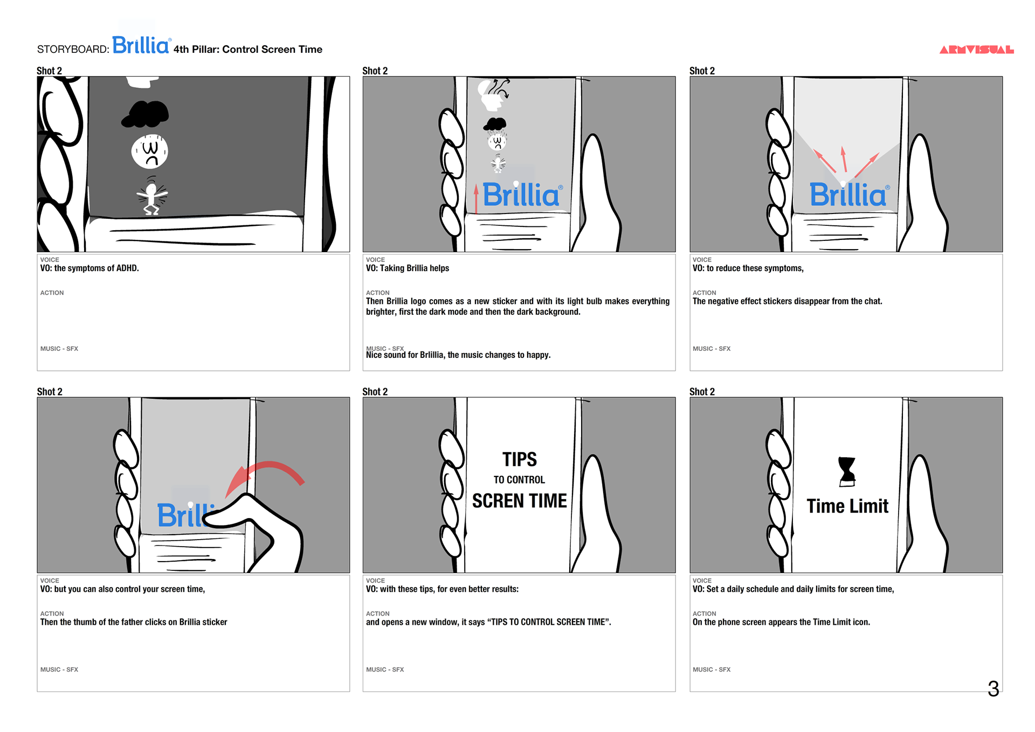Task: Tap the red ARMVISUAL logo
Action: pyautogui.click(x=976, y=50)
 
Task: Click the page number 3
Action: pyautogui.click(x=993, y=688)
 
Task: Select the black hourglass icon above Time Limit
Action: pyautogui.click(x=847, y=472)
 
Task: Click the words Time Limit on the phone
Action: pyautogui.click(x=847, y=506)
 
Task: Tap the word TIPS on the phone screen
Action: pyautogui.click(x=520, y=459)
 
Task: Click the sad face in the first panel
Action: pyautogui.click(x=150, y=151)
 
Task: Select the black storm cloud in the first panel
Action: pyautogui.click(x=145, y=114)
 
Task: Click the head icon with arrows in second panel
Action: pyautogui.click(x=493, y=95)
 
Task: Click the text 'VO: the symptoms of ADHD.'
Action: pyautogui.click(x=89, y=268)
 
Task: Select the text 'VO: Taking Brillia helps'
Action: pyautogui.click(x=408, y=268)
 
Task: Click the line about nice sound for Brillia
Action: pyautogui.click(x=458, y=355)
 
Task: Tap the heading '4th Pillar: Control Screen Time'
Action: pyautogui.click(x=248, y=50)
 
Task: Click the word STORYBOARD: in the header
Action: pyautogui.click(x=73, y=50)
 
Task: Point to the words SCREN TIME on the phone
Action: pyautogui.click(x=520, y=501)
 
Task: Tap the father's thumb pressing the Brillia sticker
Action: pyautogui.click(x=253, y=526)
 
